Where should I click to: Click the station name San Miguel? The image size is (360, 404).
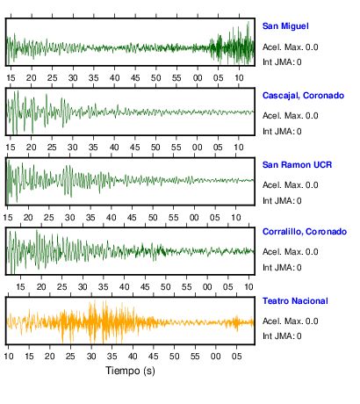pos(285,26)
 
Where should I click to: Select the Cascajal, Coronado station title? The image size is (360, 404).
pos(303,96)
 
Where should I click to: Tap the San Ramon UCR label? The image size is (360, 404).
pos(297,165)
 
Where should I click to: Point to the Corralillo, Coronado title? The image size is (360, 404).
pos(305,232)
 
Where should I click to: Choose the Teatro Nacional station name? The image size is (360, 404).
pos(295,301)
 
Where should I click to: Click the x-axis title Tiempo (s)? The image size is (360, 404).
pos(130,371)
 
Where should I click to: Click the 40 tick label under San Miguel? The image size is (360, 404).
pos(114,78)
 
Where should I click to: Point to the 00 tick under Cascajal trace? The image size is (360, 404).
pos(197,148)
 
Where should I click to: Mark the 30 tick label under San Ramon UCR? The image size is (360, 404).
pos(69,218)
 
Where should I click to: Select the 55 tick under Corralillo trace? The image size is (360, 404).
pos(186,287)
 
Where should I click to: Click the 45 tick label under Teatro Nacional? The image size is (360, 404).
pos(154,357)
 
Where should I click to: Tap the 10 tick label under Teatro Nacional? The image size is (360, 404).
pos(9,357)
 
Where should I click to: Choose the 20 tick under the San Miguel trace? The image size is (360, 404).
pos(32,78)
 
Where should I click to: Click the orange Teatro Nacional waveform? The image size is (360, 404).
pos(130,322)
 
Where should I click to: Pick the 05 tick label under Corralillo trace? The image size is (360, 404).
pos(228,287)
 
